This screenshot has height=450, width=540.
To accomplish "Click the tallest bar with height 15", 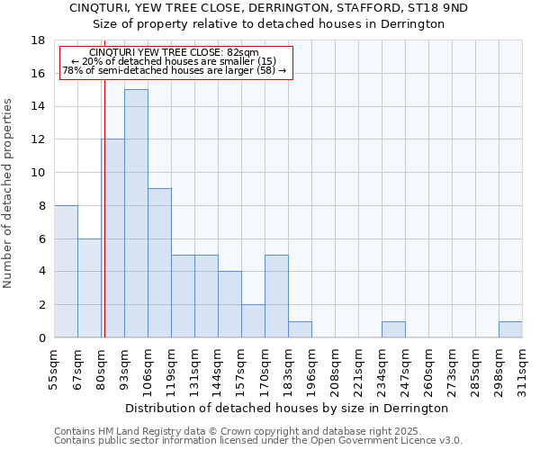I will (136, 213).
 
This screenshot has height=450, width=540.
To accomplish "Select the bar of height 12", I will (113, 238).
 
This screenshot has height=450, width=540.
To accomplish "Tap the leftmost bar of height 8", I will (66, 271).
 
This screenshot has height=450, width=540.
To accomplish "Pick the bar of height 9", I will (159, 263).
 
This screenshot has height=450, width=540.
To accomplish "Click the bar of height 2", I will (253, 321).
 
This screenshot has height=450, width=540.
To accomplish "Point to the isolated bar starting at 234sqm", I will (393, 329).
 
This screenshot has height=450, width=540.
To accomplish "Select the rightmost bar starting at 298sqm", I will (510, 329).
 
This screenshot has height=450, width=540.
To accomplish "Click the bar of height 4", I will (229, 304).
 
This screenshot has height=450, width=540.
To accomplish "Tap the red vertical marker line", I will (104, 198).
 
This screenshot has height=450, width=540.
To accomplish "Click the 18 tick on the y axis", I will (38, 40).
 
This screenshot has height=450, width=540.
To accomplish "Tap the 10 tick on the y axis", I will (38, 173).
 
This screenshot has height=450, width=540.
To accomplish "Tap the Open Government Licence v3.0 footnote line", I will (258, 440).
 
